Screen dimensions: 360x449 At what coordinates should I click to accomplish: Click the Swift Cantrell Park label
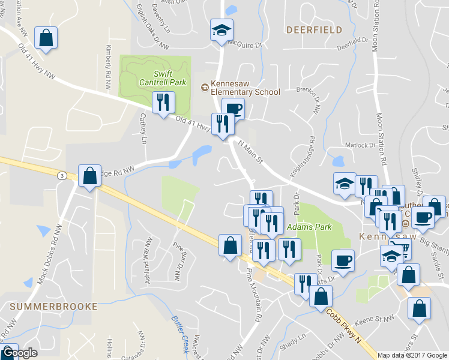click(163, 77)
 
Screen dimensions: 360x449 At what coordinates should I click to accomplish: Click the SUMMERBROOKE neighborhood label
click(53, 306)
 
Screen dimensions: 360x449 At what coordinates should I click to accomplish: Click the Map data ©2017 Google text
click(413, 355)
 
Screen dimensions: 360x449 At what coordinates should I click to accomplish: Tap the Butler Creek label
click(180, 333)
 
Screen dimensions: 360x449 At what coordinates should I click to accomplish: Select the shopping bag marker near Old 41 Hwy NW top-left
click(46, 38)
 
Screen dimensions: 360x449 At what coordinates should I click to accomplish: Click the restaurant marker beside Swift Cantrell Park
click(163, 103)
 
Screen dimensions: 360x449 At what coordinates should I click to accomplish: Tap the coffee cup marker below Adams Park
click(343, 261)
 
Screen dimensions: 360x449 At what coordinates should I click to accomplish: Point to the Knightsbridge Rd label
click(303, 164)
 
